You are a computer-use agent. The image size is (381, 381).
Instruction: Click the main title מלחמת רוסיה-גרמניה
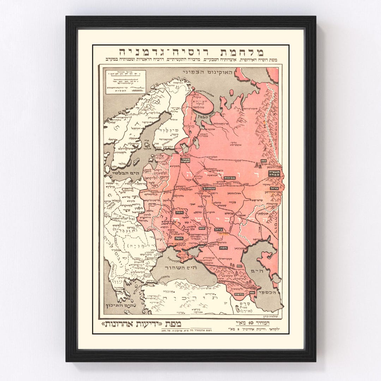tap(191, 52)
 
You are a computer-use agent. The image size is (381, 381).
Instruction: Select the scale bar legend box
tap(126, 81)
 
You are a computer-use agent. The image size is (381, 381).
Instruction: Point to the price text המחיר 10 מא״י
tap(254, 322)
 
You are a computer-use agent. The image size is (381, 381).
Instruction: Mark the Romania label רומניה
tap(138, 244)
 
